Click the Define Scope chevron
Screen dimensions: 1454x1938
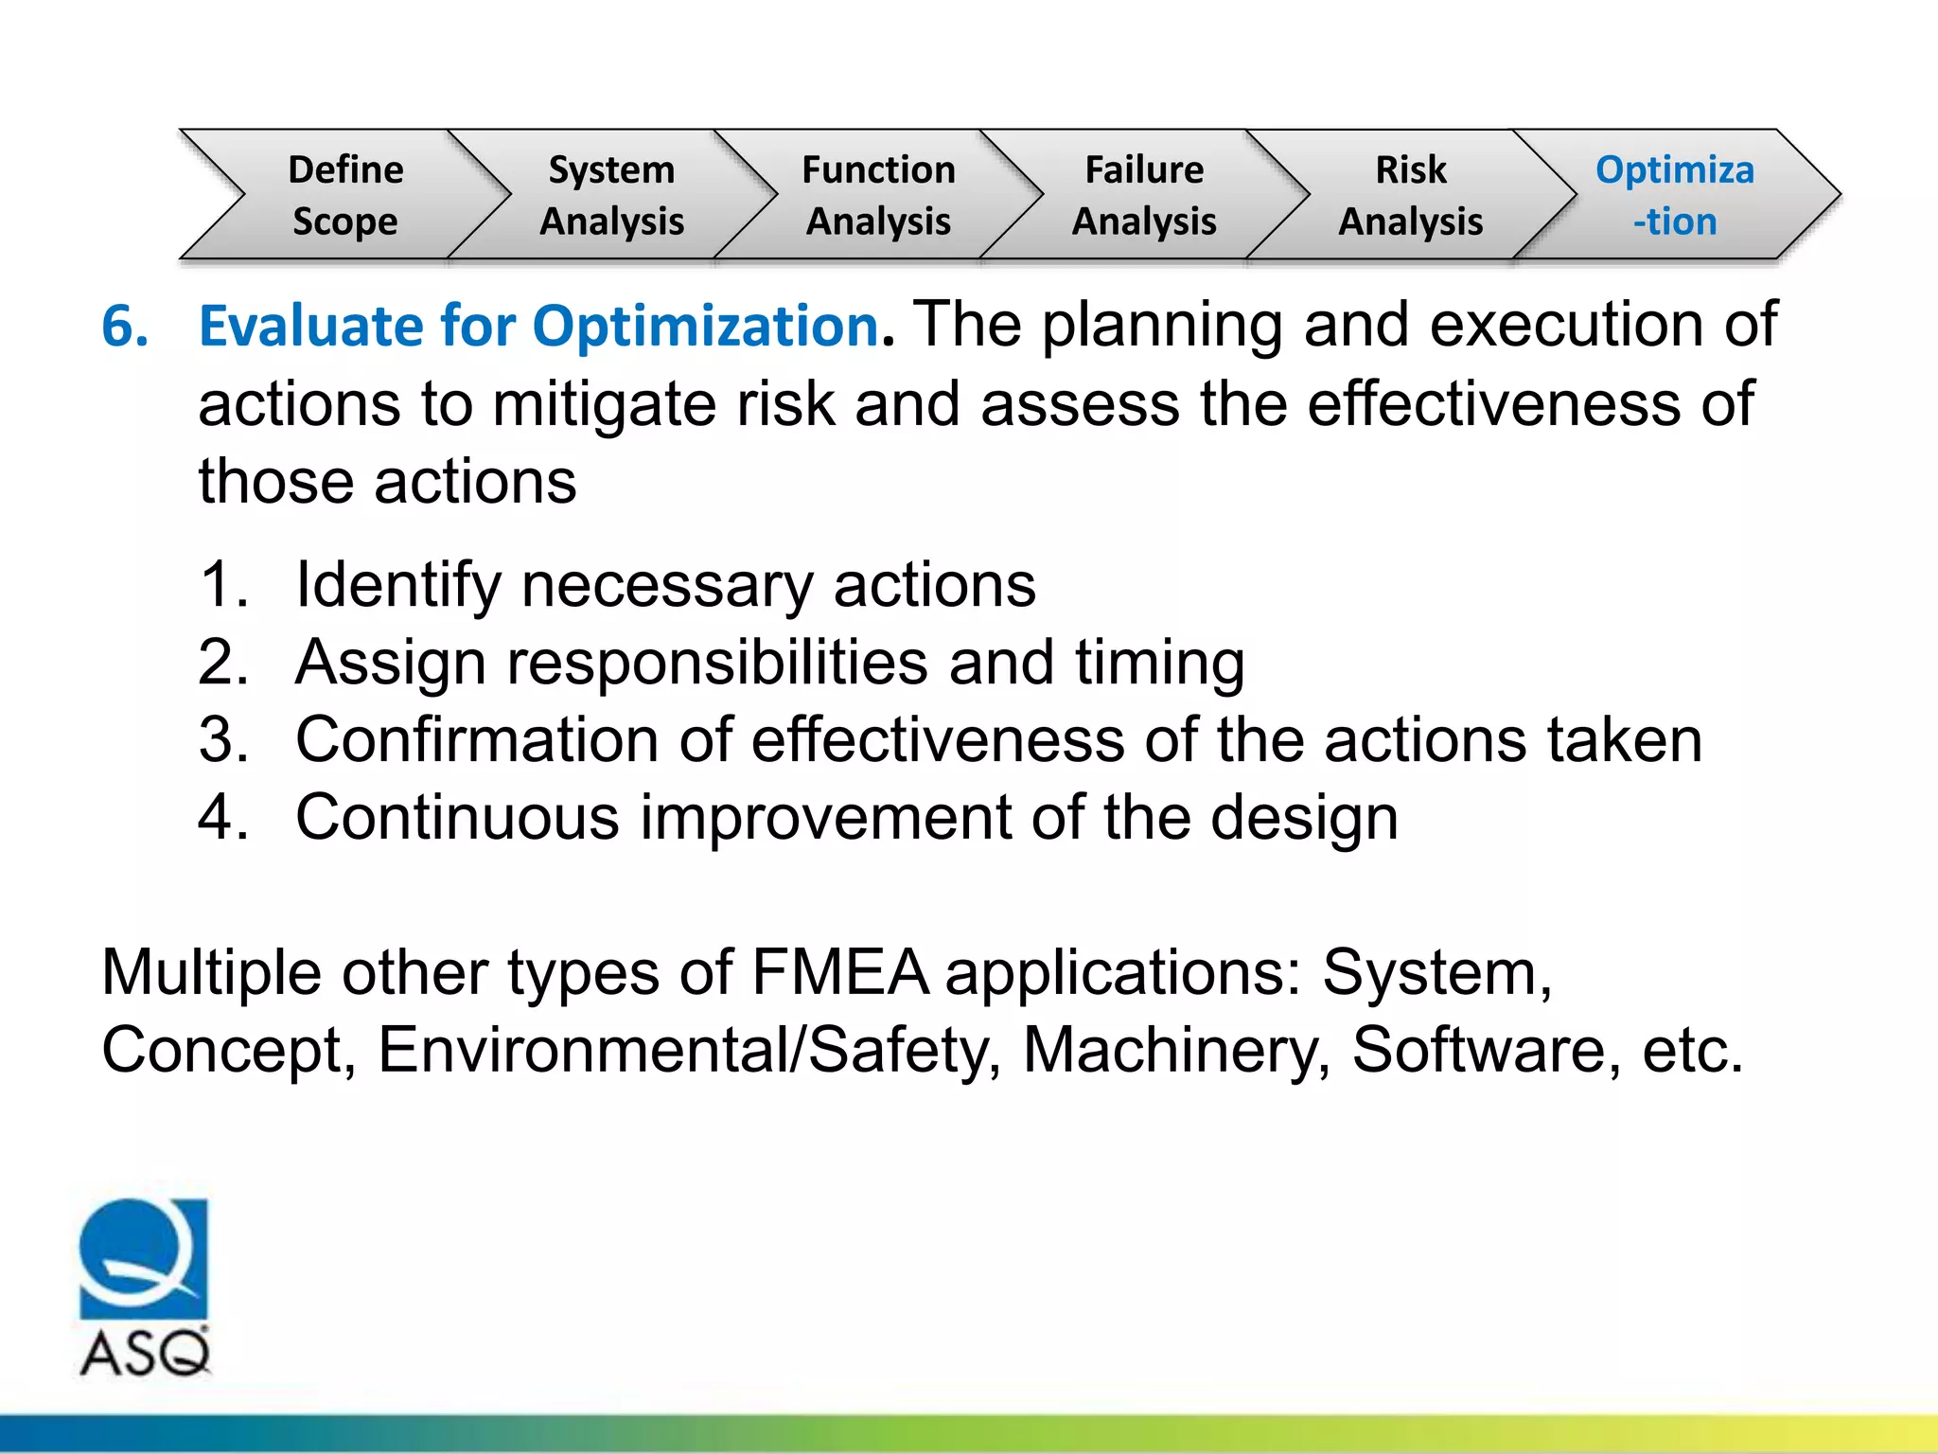point(345,195)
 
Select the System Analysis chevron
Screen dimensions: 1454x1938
point(611,195)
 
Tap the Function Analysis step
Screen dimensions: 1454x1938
point(878,195)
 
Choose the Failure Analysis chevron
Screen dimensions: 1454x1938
point(1144,195)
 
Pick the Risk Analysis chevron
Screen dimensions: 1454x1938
point(1411,195)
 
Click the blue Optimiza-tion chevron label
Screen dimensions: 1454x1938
point(1675,195)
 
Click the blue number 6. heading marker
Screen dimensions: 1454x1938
point(125,327)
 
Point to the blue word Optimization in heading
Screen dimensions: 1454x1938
point(705,327)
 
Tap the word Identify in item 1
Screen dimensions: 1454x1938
point(397,585)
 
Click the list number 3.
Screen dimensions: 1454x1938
point(223,739)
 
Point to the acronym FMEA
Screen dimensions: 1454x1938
point(839,973)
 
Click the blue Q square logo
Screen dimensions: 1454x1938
point(143,1259)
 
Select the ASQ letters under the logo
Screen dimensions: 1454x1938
point(145,1354)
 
